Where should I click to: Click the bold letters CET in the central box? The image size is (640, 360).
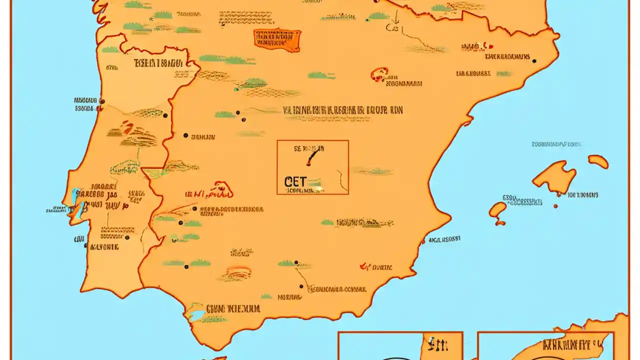click(x=295, y=181)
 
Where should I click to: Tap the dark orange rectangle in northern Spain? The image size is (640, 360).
click(x=277, y=40)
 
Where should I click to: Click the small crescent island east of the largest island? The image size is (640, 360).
click(x=598, y=161)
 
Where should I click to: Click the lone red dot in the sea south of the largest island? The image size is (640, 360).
click(x=555, y=206)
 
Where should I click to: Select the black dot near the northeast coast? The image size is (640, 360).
click(x=534, y=61)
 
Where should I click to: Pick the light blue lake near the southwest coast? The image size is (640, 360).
click(x=196, y=315)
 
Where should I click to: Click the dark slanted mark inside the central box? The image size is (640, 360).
click(x=311, y=158)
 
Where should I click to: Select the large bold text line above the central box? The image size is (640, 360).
click(x=343, y=110)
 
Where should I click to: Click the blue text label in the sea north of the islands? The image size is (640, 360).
click(x=556, y=144)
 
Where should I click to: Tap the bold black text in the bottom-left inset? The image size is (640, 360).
click(x=438, y=345)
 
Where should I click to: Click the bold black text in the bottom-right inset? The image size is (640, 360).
click(x=571, y=345)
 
